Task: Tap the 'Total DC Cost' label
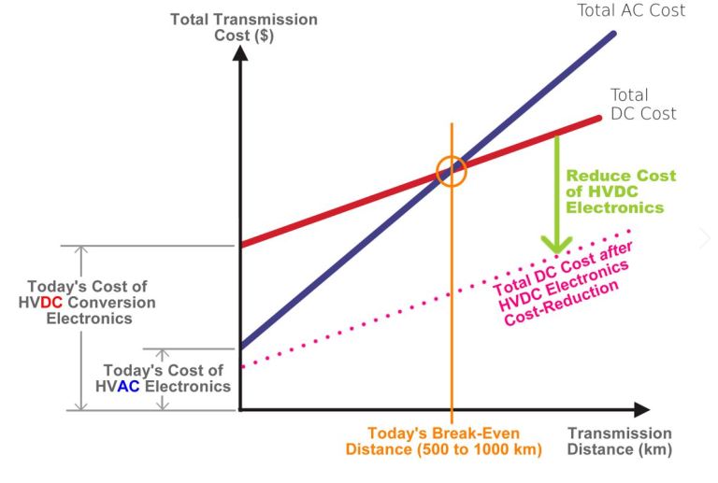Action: point(642,105)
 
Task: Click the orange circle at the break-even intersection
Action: point(452,171)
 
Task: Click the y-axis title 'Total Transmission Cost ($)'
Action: point(243,27)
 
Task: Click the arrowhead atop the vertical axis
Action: point(241,53)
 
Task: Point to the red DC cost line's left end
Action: point(243,245)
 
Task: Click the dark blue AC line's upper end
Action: point(613,35)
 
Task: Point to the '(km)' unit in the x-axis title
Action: point(652,450)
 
